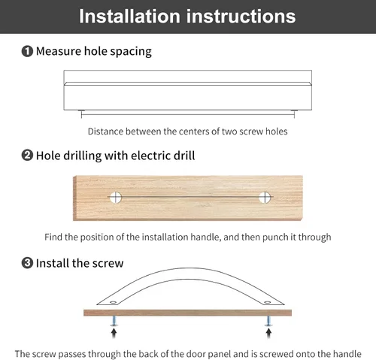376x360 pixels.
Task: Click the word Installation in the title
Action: pyautogui.click(x=129, y=17)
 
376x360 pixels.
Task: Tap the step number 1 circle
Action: pyautogui.click(x=27, y=51)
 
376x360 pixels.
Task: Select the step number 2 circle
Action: pyautogui.click(x=27, y=156)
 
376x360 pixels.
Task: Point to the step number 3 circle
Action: pyautogui.click(x=27, y=263)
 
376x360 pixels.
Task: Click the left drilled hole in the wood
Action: pyautogui.click(x=115, y=198)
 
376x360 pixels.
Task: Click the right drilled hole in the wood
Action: pyautogui.click(x=265, y=198)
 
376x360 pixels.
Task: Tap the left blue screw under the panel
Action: pyautogui.click(x=114, y=321)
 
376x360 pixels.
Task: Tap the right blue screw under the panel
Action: pyautogui.click(x=268, y=321)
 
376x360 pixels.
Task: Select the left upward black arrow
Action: pyautogui.click(x=114, y=333)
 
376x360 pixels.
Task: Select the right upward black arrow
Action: pyautogui.click(x=268, y=333)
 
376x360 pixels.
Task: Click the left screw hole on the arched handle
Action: pyautogui.click(x=113, y=302)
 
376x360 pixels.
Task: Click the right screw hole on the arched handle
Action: pyautogui.click(x=268, y=302)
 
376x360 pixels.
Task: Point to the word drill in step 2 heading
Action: pyautogui.click(x=184, y=156)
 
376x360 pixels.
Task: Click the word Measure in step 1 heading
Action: pyautogui.click(x=59, y=51)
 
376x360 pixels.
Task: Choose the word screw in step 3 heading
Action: pyautogui.click(x=108, y=264)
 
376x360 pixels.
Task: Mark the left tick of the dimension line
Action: pyautogui.click(x=81, y=115)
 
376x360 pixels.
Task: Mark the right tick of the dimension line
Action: pyautogui.click(x=294, y=115)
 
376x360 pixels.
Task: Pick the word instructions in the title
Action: pyautogui.click(x=241, y=17)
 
